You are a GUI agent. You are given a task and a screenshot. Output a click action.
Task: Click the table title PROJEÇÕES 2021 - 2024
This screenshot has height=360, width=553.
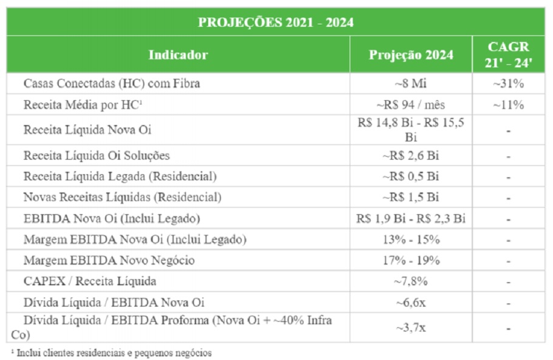(276, 22)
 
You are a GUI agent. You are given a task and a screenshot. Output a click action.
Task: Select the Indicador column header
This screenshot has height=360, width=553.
(178, 55)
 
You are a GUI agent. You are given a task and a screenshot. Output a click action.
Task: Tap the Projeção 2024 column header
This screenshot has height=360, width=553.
(411, 55)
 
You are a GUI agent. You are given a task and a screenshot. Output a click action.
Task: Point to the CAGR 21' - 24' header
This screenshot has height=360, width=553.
(509, 55)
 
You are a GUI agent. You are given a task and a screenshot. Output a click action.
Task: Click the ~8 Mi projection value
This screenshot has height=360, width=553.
(411, 84)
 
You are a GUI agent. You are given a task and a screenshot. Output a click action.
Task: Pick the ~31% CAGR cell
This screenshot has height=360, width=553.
(509, 84)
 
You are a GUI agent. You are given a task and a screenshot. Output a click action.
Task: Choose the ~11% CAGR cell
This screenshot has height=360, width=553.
(509, 104)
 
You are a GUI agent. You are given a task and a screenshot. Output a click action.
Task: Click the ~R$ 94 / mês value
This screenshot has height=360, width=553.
(411, 104)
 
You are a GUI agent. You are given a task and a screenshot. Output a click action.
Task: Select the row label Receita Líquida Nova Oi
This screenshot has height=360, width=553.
(87, 130)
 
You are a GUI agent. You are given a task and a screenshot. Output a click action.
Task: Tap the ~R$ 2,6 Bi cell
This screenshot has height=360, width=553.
(411, 155)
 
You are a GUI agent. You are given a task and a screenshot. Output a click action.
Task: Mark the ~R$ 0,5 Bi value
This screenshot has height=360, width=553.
(411, 177)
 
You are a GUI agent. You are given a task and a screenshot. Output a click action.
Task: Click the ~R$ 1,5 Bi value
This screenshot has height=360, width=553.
(411, 197)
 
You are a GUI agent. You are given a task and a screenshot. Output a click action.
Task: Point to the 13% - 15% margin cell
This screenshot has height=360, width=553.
(411, 239)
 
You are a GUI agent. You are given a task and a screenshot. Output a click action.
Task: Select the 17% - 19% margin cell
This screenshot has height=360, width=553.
(411, 260)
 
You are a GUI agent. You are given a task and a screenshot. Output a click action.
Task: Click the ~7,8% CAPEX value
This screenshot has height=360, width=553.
(411, 281)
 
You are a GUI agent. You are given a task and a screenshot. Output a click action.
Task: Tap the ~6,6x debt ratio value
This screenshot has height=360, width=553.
(411, 302)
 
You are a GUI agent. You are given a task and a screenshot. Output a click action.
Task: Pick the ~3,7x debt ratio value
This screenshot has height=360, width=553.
(411, 328)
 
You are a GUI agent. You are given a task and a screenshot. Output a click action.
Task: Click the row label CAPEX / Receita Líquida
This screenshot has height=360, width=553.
(90, 281)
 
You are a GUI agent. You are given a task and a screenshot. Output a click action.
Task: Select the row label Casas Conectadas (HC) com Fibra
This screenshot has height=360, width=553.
(112, 84)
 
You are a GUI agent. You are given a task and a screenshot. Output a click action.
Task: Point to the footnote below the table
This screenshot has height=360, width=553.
(112, 353)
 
